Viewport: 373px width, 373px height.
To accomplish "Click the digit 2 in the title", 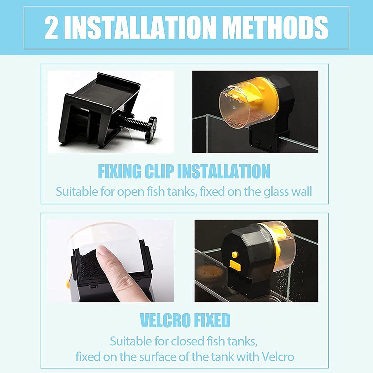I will click(52, 27).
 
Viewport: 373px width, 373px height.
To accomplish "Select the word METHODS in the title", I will click(275, 27).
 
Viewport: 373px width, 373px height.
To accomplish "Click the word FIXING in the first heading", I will click(119, 171).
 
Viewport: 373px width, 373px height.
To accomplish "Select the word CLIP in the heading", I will click(161, 171).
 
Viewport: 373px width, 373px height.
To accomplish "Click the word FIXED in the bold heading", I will click(212, 320).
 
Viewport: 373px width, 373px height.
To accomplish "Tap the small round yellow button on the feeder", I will click(235, 255).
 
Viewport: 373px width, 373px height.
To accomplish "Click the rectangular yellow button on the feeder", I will click(237, 265).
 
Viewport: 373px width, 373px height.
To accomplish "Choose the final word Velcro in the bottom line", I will click(278, 357).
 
